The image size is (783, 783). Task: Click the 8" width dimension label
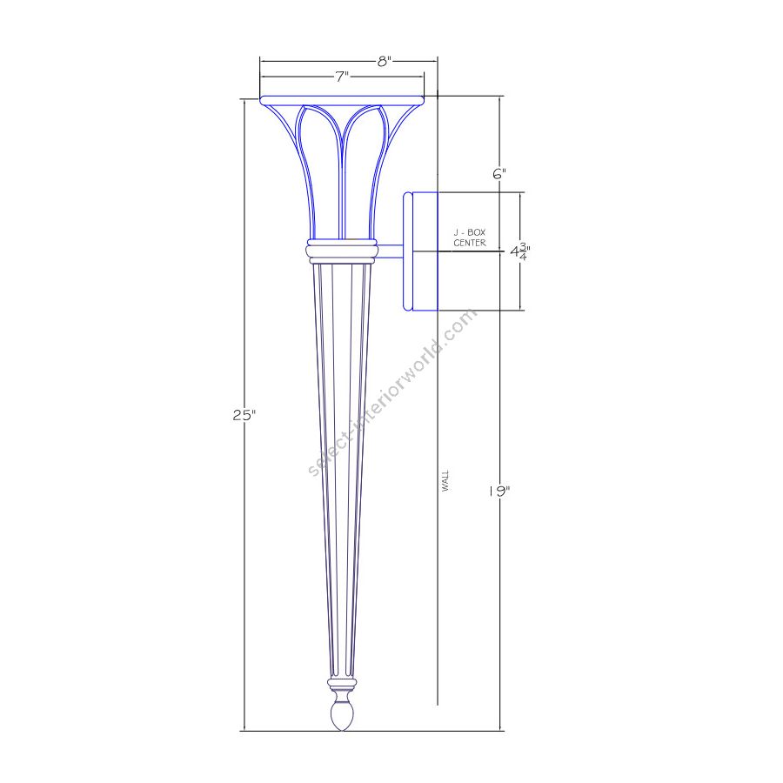384,62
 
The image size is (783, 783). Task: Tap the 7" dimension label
342,77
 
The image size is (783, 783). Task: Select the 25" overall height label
244,415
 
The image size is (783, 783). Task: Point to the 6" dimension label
499,174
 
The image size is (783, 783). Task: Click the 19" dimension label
499,492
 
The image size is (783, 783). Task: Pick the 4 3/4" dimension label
520,251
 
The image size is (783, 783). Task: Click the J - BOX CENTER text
470,238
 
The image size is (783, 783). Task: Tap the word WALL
445,481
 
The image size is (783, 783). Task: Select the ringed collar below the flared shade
342,251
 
